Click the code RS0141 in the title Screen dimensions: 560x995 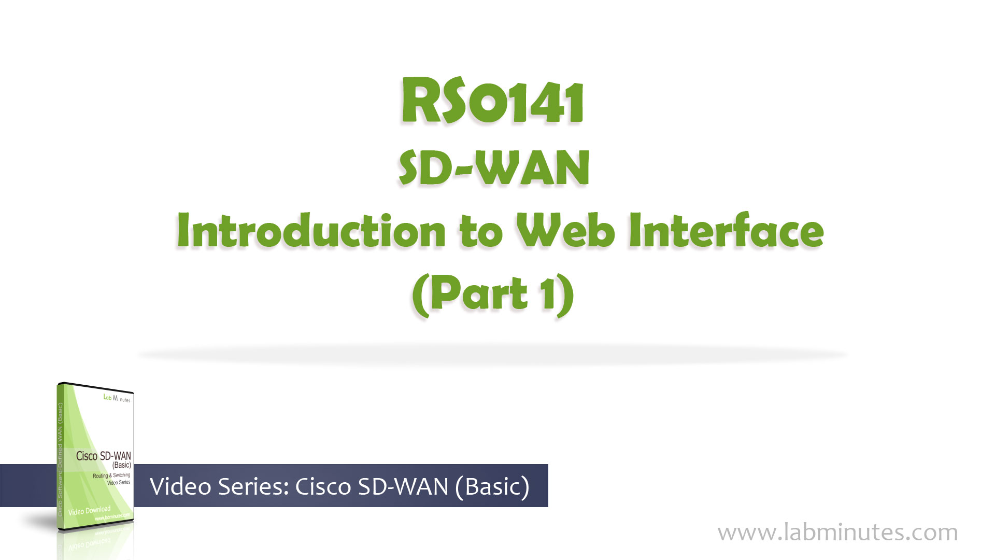click(x=493, y=102)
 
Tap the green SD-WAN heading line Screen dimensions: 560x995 click(x=494, y=168)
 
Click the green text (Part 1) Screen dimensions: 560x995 click(x=493, y=294)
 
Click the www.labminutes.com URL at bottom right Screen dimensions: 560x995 click(x=837, y=533)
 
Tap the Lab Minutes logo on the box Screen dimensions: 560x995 click(x=117, y=398)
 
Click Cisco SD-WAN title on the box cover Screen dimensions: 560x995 click(x=103, y=456)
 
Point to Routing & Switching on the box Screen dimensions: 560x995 click(x=111, y=475)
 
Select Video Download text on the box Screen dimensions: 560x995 click(x=89, y=511)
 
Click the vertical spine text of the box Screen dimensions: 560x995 click(x=60, y=456)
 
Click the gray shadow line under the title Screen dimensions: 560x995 click(x=492, y=355)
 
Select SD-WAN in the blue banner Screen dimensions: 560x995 click(x=403, y=486)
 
